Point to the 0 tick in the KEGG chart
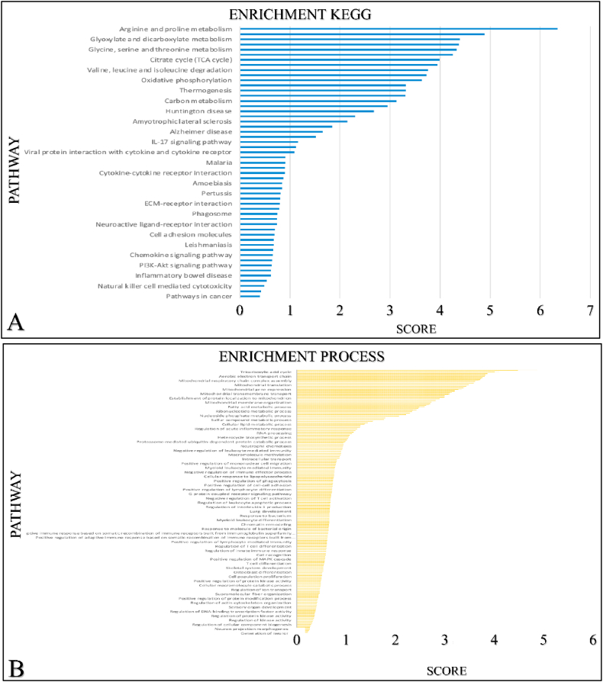click(x=240, y=311)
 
